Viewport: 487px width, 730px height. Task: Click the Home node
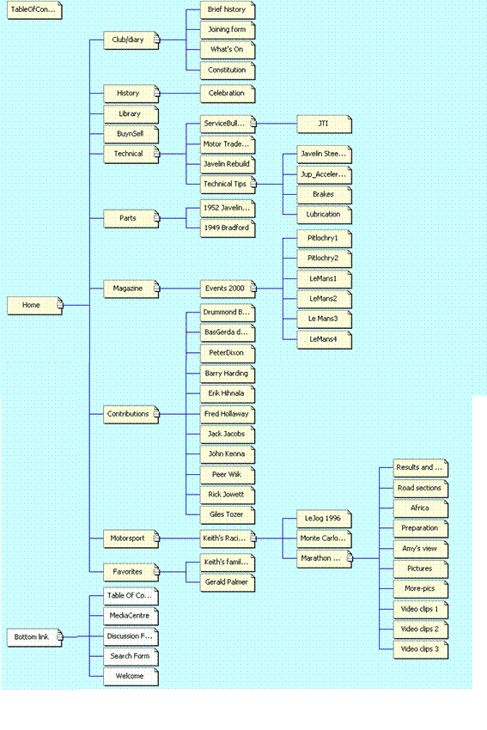point(34,306)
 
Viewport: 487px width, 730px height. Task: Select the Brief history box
point(228,9)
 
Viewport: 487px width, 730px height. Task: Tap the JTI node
point(325,124)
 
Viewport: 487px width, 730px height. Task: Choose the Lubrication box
point(325,215)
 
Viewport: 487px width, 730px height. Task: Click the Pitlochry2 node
point(325,259)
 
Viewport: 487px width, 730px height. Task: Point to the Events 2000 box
point(228,289)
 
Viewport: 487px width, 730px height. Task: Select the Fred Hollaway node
point(228,414)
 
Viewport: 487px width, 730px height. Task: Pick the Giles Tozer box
point(228,515)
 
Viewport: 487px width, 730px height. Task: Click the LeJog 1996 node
point(325,519)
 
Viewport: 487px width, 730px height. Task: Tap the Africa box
point(421,508)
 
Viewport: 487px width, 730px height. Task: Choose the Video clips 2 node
point(421,630)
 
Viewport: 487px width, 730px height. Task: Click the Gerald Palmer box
point(228,582)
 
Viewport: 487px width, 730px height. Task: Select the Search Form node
point(131,656)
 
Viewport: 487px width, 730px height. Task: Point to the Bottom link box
point(34,637)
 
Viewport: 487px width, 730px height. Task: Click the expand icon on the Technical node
point(157,154)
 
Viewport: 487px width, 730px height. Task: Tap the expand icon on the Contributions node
point(157,414)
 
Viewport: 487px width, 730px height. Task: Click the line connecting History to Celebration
point(180,93)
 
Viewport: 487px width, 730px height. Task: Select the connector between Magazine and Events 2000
point(180,289)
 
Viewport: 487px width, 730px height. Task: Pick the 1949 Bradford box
point(228,228)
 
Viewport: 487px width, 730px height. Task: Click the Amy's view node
point(421,549)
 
